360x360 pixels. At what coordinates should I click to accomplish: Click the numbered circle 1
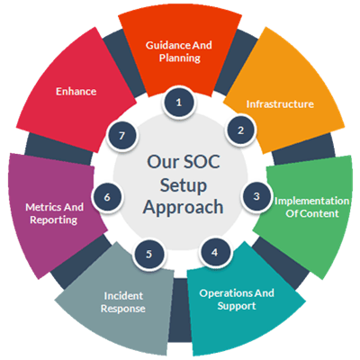(179, 103)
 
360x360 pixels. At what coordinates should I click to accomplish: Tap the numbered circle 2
(240, 130)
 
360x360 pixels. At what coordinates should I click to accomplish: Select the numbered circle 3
(256, 196)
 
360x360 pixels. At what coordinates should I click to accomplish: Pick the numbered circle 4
(214, 252)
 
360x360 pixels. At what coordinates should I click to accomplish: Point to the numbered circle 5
(149, 254)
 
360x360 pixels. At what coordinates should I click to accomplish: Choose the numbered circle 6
(107, 197)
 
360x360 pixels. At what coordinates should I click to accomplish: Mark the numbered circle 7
(121, 136)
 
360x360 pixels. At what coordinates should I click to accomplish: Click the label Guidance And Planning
(179, 51)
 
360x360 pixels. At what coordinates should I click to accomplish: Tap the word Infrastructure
(280, 104)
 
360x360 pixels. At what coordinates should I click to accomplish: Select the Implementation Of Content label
(312, 207)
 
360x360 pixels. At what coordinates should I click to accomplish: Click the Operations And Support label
(237, 300)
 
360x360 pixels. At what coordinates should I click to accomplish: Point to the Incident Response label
(123, 302)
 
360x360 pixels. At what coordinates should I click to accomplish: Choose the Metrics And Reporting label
(54, 213)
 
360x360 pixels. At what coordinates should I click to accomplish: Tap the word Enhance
(76, 91)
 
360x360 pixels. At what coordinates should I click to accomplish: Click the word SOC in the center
(202, 161)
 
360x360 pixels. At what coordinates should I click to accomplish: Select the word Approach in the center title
(183, 207)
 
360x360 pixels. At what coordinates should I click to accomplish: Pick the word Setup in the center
(184, 185)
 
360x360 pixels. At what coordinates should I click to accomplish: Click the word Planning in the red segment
(180, 58)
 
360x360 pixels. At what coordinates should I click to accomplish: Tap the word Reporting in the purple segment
(54, 220)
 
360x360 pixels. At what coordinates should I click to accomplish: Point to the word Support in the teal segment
(237, 306)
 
